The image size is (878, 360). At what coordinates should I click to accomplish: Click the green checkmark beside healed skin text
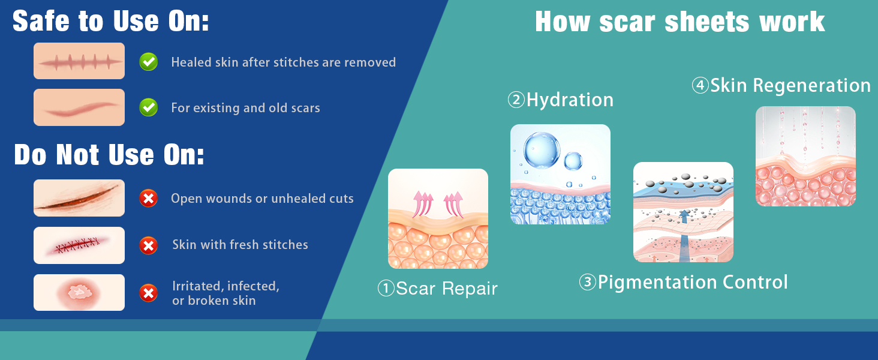pyautogui.click(x=149, y=62)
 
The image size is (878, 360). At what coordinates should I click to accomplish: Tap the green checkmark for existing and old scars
pyautogui.click(x=149, y=107)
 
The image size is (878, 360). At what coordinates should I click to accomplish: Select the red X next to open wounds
pyautogui.click(x=149, y=198)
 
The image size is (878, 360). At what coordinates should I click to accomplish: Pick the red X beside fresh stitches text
pyautogui.click(x=149, y=245)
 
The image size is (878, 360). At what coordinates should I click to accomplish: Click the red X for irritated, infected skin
pyautogui.click(x=149, y=293)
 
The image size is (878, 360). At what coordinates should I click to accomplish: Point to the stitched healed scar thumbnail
pyautogui.click(x=79, y=61)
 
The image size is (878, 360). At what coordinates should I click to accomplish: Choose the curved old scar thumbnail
pyautogui.click(x=79, y=107)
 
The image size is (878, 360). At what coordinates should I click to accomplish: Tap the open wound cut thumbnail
pyautogui.click(x=79, y=198)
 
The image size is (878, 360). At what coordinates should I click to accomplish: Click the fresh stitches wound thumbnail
pyautogui.click(x=79, y=245)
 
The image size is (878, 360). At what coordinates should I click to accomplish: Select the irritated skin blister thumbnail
pyautogui.click(x=79, y=293)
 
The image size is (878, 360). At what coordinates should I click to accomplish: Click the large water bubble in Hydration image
pyautogui.click(x=542, y=151)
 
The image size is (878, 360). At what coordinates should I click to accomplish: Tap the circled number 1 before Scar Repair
pyautogui.click(x=386, y=288)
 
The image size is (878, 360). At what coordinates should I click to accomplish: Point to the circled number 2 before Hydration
pyautogui.click(x=516, y=100)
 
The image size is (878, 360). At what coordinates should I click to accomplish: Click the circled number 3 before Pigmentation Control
pyautogui.click(x=588, y=282)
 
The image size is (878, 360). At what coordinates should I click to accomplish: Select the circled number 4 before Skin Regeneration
pyautogui.click(x=700, y=85)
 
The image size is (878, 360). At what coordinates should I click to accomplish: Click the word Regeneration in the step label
pyautogui.click(x=812, y=86)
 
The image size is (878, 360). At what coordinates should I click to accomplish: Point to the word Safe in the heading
pyautogui.click(x=41, y=21)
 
